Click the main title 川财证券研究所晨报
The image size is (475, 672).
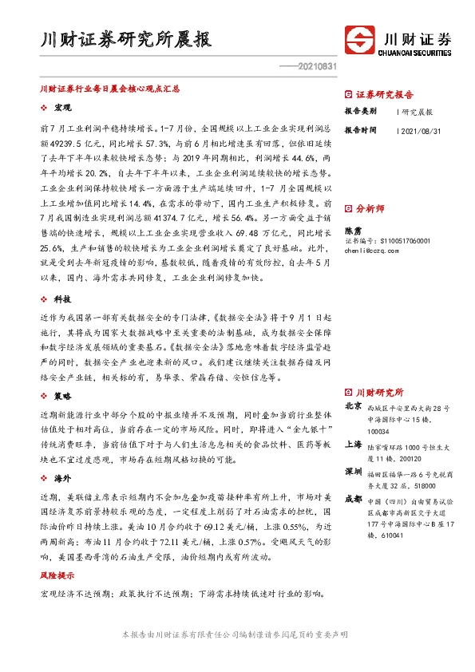(x=126, y=41)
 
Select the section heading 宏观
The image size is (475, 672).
(x=62, y=107)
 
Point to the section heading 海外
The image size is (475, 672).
(x=62, y=477)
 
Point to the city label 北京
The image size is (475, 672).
(x=353, y=406)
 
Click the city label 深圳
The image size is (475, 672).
(x=353, y=471)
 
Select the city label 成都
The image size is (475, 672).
(x=353, y=498)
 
